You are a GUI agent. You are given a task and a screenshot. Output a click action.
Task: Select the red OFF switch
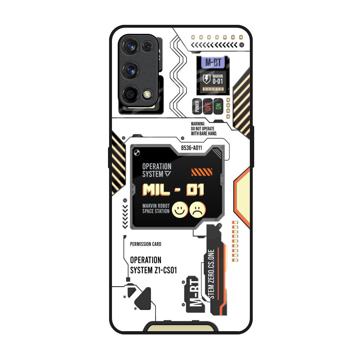207,106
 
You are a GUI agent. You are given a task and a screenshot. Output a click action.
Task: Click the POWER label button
197,106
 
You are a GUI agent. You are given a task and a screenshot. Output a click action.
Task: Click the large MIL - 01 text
173,190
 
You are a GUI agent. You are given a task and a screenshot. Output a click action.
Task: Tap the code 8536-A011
192,148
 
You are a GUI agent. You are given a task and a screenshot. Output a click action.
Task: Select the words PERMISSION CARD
145,244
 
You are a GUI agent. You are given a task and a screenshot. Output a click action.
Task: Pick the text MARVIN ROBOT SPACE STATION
156,208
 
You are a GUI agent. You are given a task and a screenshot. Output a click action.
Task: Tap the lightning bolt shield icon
207,79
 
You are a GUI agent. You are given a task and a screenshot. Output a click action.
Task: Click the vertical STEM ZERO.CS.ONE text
211,274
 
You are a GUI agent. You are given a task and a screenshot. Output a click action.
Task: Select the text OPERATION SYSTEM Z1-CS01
153,265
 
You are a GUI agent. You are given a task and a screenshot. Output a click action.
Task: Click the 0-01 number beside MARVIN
218,81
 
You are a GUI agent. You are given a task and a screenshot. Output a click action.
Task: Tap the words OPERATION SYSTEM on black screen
157,170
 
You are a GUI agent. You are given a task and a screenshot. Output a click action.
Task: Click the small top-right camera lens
147,46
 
